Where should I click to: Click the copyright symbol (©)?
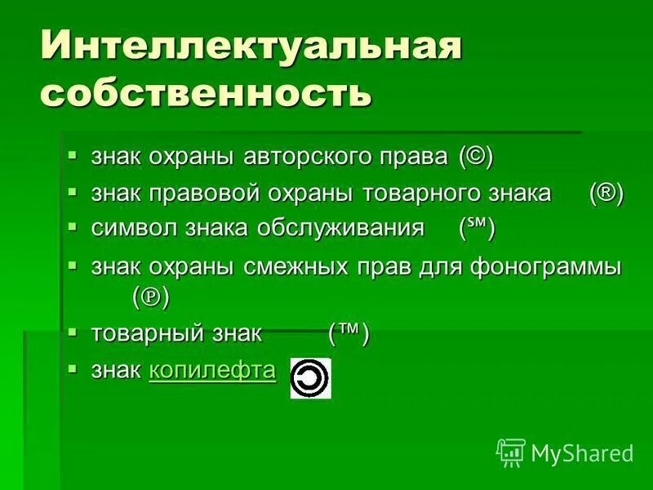pyautogui.click(x=476, y=156)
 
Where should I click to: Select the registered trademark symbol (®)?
pyautogui.click(x=606, y=194)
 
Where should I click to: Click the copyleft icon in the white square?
pyautogui.click(x=311, y=378)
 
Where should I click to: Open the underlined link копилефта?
pyautogui.click(x=212, y=372)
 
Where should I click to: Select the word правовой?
pyautogui.click(x=202, y=194)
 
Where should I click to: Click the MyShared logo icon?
pyautogui.click(x=510, y=452)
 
